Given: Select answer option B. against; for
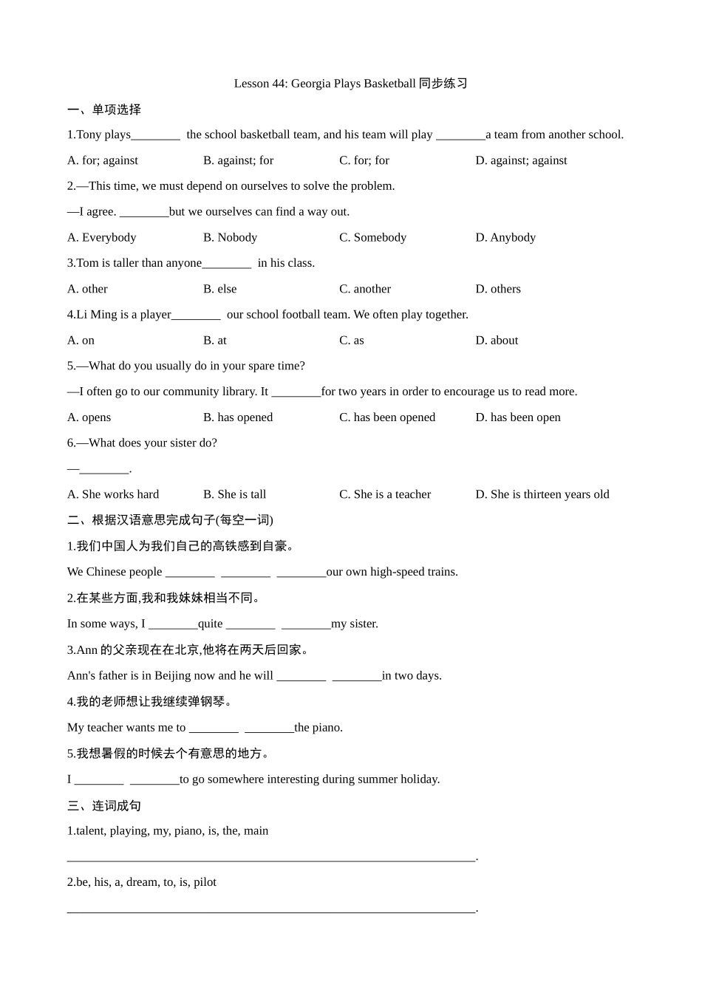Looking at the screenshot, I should (x=238, y=160).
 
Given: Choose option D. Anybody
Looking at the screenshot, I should (x=505, y=237).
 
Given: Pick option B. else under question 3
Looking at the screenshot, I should (x=219, y=289).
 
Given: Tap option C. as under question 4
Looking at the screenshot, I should (x=351, y=341).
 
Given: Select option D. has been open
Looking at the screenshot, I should (x=517, y=417).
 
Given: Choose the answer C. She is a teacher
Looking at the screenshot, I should (x=384, y=494).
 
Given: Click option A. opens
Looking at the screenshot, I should (x=89, y=417).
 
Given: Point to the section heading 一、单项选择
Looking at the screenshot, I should (x=103, y=109).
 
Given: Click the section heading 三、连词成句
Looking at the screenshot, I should (x=103, y=805).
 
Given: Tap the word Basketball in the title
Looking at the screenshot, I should (x=389, y=83).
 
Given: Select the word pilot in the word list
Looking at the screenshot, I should (x=205, y=882).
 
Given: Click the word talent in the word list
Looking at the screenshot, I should (x=90, y=830).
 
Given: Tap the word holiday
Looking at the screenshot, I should (x=419, y=779).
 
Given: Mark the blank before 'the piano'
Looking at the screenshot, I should (x=269, y=728).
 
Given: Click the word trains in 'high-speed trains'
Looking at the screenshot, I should (x=440, y=572).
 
